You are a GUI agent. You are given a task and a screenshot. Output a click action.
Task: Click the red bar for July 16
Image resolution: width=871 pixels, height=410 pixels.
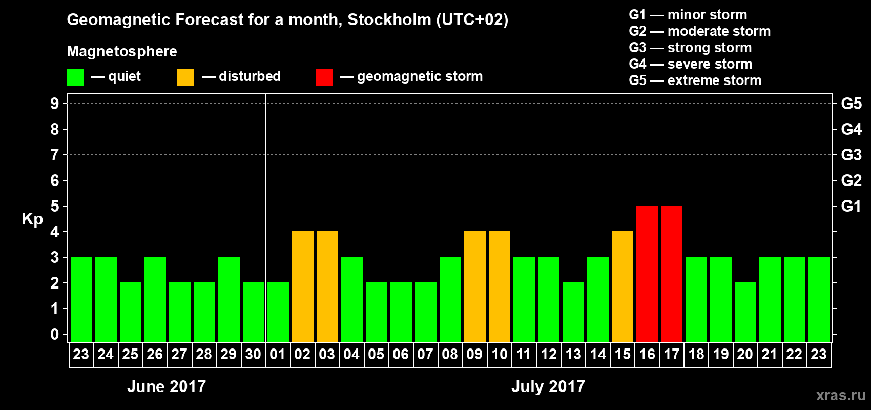[647, 274]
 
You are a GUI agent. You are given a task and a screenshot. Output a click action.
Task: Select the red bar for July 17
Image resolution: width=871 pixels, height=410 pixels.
[672, 274]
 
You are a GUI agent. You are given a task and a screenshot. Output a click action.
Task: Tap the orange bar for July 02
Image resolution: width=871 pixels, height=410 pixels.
[303, 286]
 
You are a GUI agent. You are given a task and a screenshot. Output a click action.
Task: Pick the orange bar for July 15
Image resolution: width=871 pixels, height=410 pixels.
[623, 286]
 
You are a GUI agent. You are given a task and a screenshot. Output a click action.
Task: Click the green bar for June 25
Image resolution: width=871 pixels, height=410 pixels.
[131, 312]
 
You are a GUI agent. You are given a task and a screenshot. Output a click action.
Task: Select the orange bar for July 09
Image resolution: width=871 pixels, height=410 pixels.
[475, 286]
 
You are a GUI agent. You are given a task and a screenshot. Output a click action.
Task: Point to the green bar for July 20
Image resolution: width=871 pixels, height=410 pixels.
[745, 312]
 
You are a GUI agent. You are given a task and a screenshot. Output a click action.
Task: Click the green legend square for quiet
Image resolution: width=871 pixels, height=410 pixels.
[75, 77]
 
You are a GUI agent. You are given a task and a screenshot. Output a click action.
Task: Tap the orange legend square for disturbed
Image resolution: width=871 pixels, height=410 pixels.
[186, 77]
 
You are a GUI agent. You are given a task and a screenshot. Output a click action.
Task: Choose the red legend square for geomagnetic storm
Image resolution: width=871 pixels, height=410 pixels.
[324, 77]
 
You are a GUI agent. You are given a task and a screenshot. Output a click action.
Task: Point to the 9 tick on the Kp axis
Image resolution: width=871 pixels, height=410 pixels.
[55, 104]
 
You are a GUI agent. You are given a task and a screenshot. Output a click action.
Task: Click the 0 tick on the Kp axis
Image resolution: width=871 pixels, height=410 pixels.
[55, 335]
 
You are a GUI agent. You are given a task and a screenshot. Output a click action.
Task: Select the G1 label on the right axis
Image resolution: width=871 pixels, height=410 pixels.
[851, 206]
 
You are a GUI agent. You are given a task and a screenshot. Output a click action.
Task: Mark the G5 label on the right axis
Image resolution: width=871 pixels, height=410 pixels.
[851, 104]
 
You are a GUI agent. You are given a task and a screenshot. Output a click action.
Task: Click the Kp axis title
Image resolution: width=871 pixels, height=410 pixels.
[32, 219]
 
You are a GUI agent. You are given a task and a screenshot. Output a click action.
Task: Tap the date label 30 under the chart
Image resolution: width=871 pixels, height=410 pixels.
[253, 354]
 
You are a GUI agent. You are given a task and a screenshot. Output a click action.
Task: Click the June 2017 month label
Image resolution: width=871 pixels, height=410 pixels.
[167, 386]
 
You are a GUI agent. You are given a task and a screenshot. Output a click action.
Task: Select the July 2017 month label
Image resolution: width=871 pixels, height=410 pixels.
[548, 386]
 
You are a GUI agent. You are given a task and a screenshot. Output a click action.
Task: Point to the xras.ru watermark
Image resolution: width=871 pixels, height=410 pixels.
[841, 395]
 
